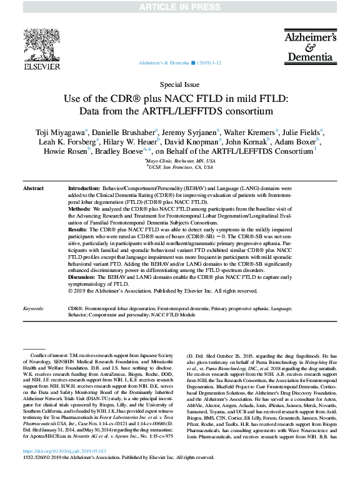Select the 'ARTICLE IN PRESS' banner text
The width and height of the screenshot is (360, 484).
pyautogui.click(x=180, y=7)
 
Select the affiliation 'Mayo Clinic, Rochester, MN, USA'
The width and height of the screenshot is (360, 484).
pyautogui.click(x=180, y=161)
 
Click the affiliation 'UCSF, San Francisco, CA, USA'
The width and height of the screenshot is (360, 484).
pyautogui.click(x=180, y=167)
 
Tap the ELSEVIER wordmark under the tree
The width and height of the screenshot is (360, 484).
pyautogui.click(x=42, y=66)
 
